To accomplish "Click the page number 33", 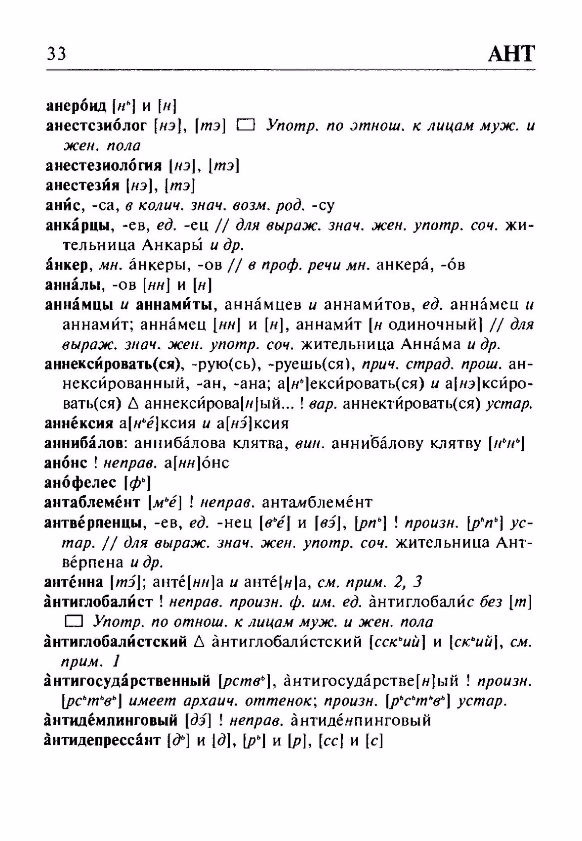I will (x=56, y=53).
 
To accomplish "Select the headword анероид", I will (x=76, y=105).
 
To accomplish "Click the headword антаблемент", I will (x=93, y=503).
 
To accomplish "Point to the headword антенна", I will (x=74, y=582).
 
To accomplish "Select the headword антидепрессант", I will (x=102, y=741).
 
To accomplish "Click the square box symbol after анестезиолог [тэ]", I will (x=245, y=126).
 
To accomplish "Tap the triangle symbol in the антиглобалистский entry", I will (x=199, y=642).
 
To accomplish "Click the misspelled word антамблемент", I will (x=317, y=503).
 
